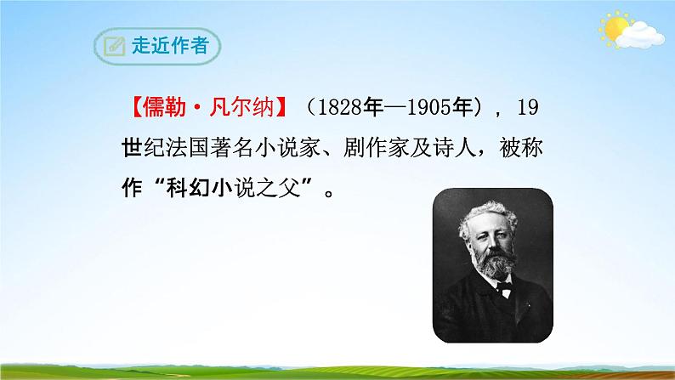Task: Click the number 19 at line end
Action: click(528, 109)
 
